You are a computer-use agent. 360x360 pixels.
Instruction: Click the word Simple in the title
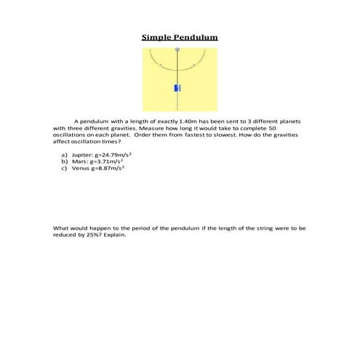pos(158,37)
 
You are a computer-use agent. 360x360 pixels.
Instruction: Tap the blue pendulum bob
pos(177,87)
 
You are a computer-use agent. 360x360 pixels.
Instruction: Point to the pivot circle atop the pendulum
pos(177,49)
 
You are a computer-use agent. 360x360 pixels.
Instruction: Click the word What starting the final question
pos(61,228)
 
